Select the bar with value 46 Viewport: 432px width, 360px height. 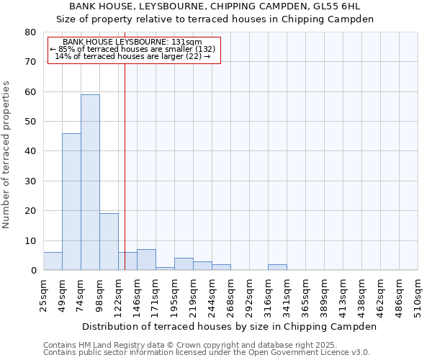71,202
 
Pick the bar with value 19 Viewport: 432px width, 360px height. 109,242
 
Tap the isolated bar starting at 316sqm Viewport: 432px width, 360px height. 277,267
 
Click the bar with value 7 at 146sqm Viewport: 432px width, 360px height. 146,260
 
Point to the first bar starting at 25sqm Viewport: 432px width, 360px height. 53,261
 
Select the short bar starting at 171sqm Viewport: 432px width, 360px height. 165,269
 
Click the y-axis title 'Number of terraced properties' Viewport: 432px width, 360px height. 7,154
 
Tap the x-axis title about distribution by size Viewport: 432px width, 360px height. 229,326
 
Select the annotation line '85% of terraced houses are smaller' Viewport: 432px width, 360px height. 132,49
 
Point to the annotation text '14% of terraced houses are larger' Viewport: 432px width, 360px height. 132,56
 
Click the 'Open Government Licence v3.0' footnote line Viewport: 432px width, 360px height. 207,353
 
